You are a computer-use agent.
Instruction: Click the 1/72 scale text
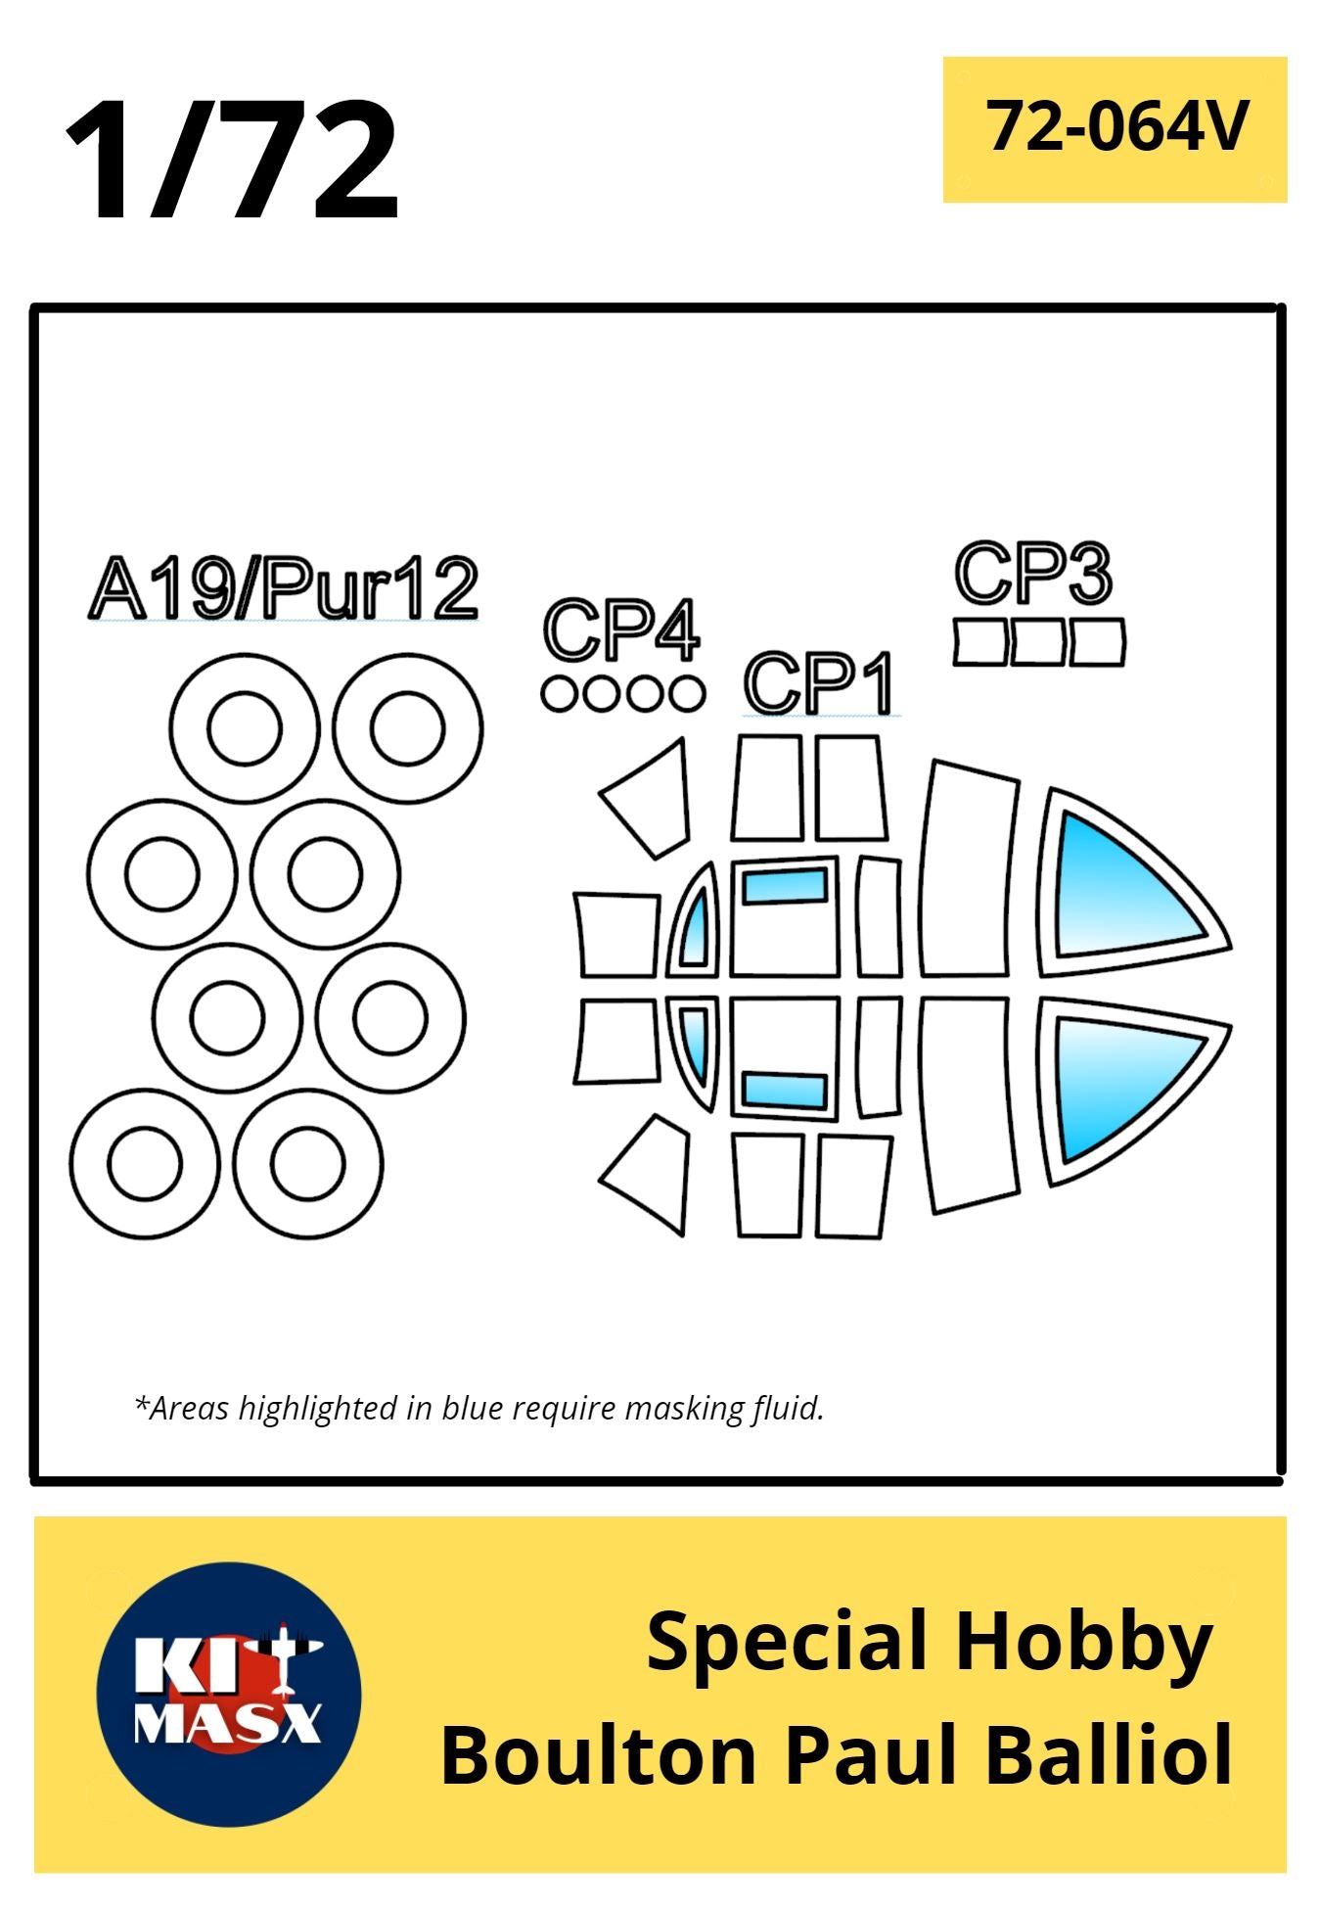[232, 159]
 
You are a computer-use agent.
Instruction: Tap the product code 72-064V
[1117, 126]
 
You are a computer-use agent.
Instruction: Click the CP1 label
[819, 682]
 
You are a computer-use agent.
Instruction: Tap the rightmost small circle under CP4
[685, 694]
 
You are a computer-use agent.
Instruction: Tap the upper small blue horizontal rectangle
[785, 886]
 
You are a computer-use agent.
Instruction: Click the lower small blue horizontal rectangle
[785, 1090]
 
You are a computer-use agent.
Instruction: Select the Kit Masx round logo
[229, 1695]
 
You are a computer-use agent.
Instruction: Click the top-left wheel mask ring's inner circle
[245, 728]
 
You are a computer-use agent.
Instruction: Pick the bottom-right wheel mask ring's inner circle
[308, 1164]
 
